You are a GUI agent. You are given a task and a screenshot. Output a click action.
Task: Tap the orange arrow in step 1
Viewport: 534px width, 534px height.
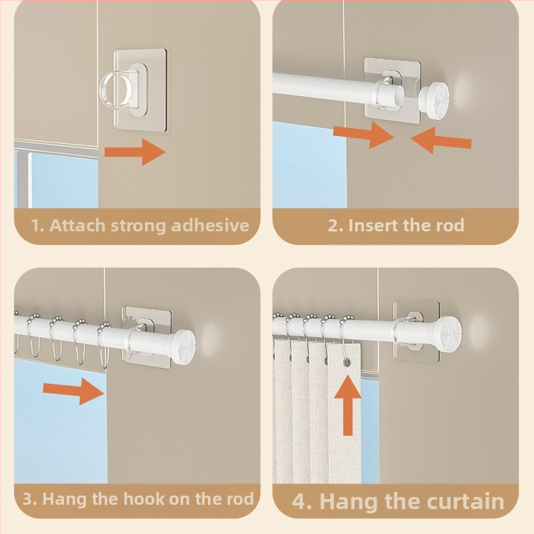tap(135, 152)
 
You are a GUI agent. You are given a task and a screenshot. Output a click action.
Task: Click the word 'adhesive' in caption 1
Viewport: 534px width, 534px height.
tap(210, 226)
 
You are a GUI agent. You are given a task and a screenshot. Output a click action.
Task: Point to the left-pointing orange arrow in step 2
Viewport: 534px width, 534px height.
tap(441, 141)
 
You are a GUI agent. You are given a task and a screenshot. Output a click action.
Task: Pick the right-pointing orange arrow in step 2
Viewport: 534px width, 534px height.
tap(363, 135)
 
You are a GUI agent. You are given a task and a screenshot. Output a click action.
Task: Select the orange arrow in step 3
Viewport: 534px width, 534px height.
tap(73, 391)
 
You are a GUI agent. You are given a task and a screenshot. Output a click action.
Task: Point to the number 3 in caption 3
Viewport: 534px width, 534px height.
tap(28, 499)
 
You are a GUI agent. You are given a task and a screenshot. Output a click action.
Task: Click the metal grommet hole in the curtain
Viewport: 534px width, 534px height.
tap(347, 363)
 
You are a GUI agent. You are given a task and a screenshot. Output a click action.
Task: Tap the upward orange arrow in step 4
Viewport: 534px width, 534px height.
tap(347, 405)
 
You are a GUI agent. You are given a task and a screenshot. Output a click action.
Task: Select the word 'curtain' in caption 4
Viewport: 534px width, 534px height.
tap(465, 502)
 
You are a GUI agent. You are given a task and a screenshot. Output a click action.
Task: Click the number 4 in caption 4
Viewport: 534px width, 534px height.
tap(300, 503)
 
